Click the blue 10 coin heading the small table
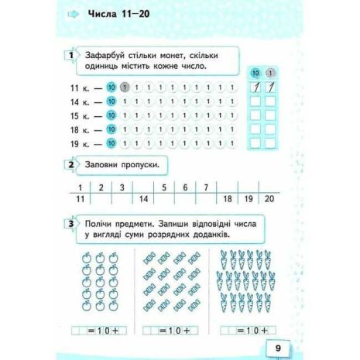(x=255, y=74)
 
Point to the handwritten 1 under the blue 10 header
(x=255, y=88)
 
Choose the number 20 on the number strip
(x=269, y=200)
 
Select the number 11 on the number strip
(x=81, y=200)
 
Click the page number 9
(x=278, y=347)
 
